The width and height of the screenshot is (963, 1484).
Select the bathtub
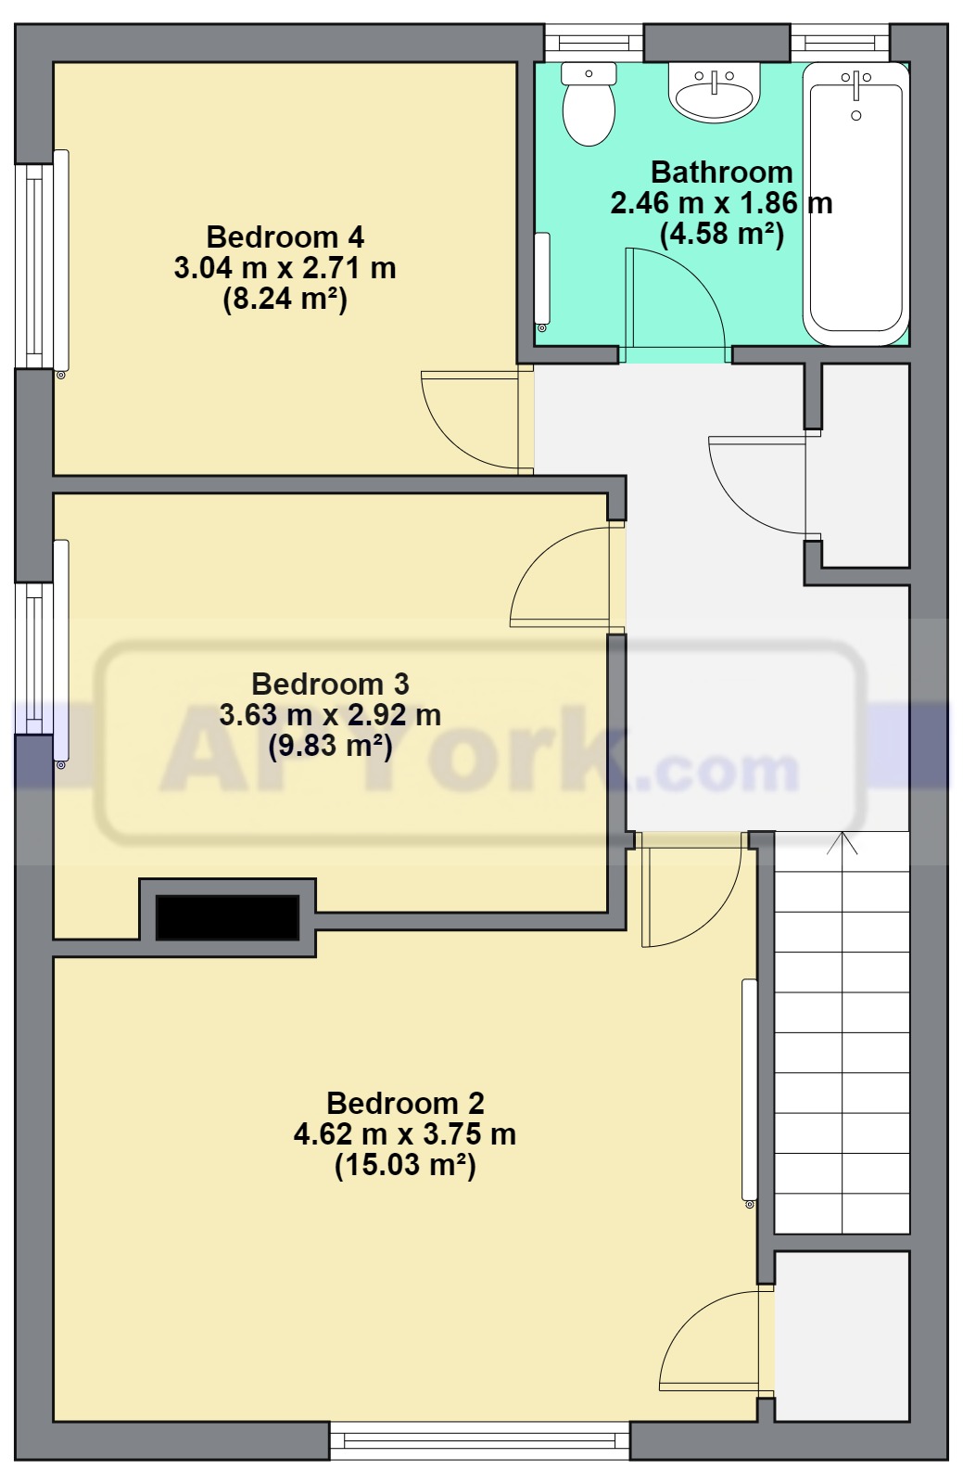(x=855, y=204)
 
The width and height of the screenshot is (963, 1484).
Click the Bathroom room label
(x=721, y=173)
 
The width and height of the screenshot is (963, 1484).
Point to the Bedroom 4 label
(x=285, y=237)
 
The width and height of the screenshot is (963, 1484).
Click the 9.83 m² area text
(x=330, y=746)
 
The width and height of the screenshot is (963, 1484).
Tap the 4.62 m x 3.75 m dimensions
(x=404, y=1134)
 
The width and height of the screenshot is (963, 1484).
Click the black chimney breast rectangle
(x=227, y=917)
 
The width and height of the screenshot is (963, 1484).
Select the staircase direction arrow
(x=842, y=843)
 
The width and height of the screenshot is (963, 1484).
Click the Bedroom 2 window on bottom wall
(x=479, y=1440)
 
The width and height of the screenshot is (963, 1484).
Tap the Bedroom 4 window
(x=34, y=266)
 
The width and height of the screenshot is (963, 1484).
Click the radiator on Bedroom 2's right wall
(x=750, y=1091)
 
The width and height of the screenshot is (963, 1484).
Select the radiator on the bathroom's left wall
(x=542, y=278)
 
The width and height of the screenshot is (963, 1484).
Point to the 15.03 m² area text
(x=405, y=1165)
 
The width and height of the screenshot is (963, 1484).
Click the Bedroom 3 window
(x=34, y=658)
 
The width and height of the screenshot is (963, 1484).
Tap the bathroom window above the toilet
(x=593, y=43)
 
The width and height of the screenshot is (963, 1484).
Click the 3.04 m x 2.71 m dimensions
(x=285, y=268)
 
